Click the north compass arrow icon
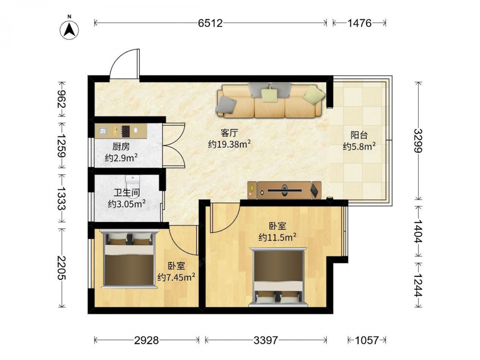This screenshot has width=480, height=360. point(70,30)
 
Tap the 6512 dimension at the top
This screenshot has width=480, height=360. point(210,23)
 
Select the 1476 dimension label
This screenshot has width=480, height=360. point(360,23)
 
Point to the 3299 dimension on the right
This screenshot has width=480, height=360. point(418,141)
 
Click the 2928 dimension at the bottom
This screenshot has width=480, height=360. point(146,340)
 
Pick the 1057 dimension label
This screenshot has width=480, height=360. point(367,340)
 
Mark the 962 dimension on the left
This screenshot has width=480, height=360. point(61,99)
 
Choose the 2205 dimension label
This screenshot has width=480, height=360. point(61,268)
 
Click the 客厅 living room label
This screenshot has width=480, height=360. point(229,133)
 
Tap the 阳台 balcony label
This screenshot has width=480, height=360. point(359,135)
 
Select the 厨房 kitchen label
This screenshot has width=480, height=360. point(121,147)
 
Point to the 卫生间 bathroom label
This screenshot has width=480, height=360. point(127,192)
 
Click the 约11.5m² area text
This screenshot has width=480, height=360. point(277,237)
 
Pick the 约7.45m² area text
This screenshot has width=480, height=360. point(177,277)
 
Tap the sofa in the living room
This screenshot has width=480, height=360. point(270,100)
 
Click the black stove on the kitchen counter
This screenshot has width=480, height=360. point(126,131)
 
